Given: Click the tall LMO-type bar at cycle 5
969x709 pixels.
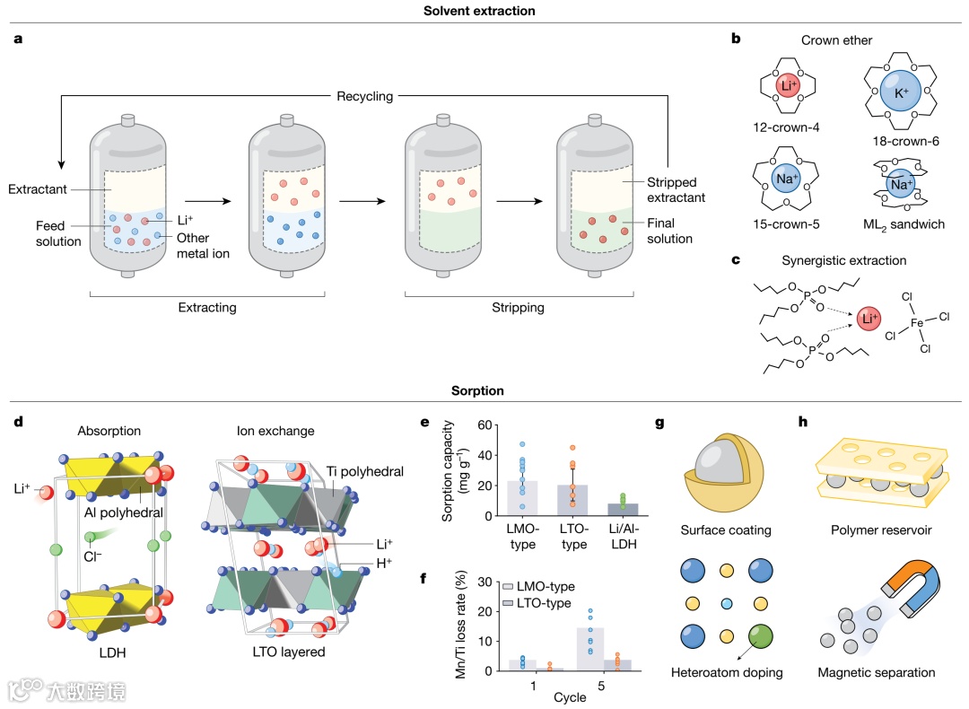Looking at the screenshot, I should click(x=589, y=648).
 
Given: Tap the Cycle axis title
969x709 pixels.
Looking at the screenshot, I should click(x=570, y=697).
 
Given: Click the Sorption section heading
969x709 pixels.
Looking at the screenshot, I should click(x=478, y=390).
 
